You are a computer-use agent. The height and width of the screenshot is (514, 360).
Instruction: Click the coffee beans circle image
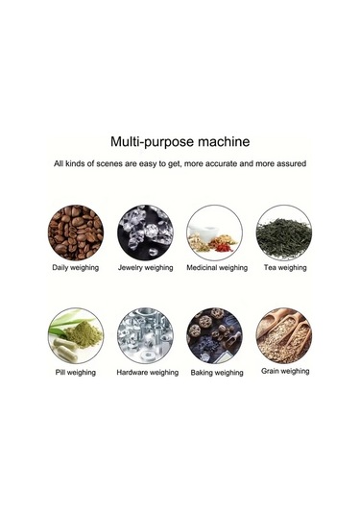pos(76,231)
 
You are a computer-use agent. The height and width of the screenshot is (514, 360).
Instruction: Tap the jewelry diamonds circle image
pos(145,231)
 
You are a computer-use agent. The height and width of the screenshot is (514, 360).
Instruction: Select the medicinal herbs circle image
pos(214,231)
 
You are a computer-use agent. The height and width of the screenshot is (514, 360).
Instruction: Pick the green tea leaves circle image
pos(284,231)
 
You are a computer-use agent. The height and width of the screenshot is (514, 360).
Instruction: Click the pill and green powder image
pos(76,333)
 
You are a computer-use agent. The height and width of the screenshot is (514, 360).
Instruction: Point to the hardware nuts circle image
pos(145,333)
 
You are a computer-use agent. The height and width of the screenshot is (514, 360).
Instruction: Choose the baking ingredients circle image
pos(214,333)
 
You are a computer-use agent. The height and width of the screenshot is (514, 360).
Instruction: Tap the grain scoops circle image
pos(284,332)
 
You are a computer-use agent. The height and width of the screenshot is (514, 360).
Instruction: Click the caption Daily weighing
pos(76,268)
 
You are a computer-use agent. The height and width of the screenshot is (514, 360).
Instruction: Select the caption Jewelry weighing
pos(145,268)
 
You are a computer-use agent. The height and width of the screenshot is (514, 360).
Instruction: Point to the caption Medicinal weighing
pos(215,268)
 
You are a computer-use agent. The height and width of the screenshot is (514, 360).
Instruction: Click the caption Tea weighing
pos(285,268)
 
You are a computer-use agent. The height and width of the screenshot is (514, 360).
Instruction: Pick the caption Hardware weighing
pos(147,372)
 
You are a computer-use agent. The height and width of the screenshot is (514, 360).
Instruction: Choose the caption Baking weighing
pos(216,373)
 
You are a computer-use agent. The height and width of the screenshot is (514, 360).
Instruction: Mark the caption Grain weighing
pos(285,370)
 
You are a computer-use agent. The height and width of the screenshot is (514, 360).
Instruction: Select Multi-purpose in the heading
pos(149,140)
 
